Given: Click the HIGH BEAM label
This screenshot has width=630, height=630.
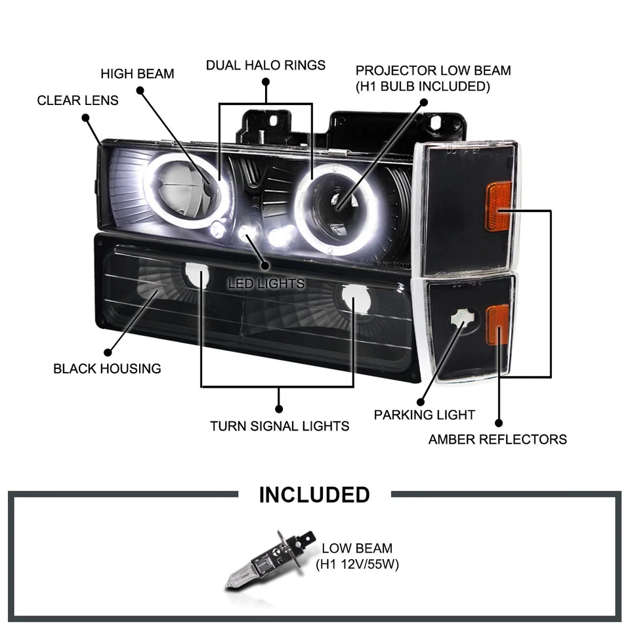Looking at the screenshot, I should (137, 73).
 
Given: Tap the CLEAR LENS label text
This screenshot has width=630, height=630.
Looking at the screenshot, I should (77, 100).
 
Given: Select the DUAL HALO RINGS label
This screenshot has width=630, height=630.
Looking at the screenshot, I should (265, 65).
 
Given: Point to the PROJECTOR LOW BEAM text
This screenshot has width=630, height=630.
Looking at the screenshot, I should (432, 71).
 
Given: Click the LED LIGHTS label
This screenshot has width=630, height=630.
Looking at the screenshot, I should (266, 283).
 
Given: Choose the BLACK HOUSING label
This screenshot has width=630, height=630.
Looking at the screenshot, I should (107, 368).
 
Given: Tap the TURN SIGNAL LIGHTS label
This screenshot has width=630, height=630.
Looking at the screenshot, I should (279, 426).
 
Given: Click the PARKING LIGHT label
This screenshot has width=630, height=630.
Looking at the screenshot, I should (424, 415).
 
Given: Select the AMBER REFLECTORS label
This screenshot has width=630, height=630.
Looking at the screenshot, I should (497, 439).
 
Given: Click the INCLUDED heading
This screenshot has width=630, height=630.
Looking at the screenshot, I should (314, 494).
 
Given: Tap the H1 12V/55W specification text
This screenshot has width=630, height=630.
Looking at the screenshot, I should (358, 564).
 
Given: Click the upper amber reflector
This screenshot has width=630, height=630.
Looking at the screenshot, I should (499, 206).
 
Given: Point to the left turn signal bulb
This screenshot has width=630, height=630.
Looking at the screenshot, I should (196, 276).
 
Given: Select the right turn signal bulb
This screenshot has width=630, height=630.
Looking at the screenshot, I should (352, 299).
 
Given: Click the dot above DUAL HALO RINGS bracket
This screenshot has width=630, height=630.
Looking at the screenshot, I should (265, 82).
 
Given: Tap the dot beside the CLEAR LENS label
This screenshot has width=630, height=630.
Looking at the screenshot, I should (85, 118).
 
